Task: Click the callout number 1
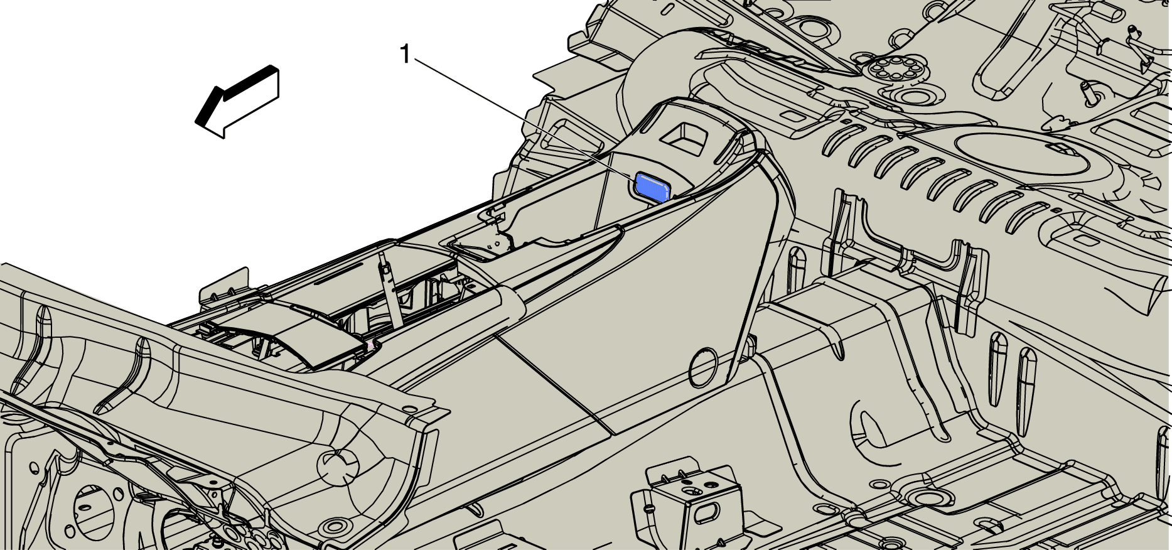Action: pos(406,55)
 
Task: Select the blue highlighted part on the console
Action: pos(651,187)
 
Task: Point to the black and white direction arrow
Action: pos(237,101)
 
